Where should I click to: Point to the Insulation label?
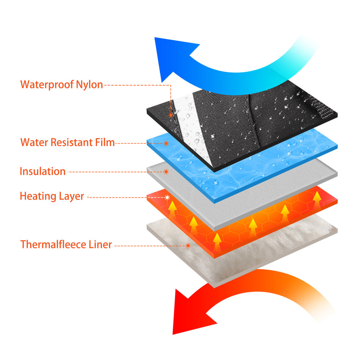point(43,171)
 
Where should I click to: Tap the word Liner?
point(100,245)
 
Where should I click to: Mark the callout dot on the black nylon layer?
point(171,115)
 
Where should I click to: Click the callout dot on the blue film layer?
point(166,143)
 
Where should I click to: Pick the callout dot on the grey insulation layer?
point(166,171)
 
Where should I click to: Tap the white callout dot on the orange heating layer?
point(167,197)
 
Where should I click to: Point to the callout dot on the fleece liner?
point(188,245)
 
